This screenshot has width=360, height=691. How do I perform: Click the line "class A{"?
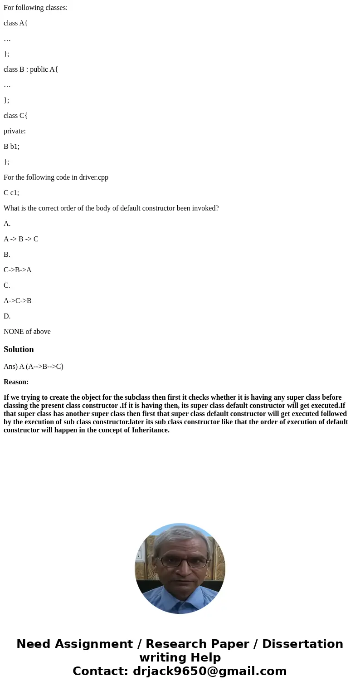[x=15, y=23]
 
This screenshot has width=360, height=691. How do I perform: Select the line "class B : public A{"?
[x=31, y=69]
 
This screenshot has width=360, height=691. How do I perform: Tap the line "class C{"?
[x=15, y=116]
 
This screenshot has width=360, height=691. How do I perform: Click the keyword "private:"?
[x=15, y=131]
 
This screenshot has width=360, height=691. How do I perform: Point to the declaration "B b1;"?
[x=11, y=147]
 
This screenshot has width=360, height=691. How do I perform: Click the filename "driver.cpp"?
[x=93, y=177]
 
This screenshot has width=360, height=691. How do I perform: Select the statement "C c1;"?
[x=11, y=193]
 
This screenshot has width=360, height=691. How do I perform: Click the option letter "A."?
[x=7, y=224]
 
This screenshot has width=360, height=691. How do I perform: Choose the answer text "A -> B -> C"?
[x=21, y=239]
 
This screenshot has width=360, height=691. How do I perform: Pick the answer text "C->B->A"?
[x=18, y=270]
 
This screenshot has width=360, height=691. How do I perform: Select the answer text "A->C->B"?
[x=18, y=301]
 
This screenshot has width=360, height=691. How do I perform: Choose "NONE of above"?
[x=27, y=332]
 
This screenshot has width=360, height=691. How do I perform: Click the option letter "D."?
[x=7, y=316]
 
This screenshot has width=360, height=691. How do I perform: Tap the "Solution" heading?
[x=19, y=349]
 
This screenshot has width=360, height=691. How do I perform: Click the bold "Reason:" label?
[x=16, y=382]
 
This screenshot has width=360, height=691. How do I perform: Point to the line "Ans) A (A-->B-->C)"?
[x=34, y=367]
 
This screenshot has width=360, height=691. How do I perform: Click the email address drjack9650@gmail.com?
[x=209, y=671]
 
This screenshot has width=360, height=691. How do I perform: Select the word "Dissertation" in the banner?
[x=302, y=644]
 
